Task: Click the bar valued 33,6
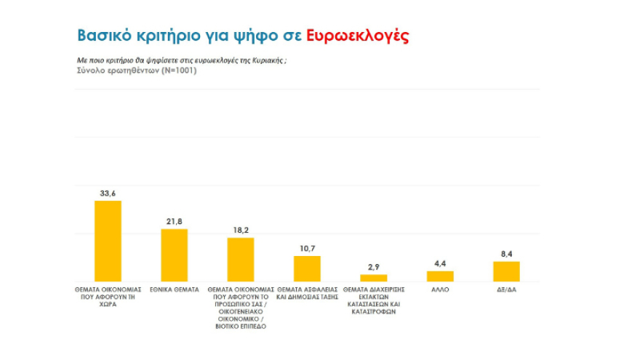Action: pos(108,241)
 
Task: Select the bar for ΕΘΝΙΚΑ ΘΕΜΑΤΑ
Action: pos(174,255)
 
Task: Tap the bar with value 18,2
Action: pos(241,260)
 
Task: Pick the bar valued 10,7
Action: pos(307,268)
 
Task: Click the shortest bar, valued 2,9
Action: pos(374,278)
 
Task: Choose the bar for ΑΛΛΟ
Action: pos(440,276)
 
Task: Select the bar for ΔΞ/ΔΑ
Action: pos(506,271)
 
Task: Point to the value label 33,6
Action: pos(108,193)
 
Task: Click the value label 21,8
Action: pos(174,221)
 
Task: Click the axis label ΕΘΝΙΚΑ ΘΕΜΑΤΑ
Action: pos(174,289)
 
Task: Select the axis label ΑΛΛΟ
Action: pos(440,289)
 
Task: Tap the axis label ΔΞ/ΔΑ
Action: pos(506,289)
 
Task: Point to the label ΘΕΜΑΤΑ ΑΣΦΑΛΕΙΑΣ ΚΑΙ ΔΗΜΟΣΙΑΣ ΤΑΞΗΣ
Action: pos(307,293)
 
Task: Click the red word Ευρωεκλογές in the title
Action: pos(357,36)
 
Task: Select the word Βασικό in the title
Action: pos(104,36)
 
